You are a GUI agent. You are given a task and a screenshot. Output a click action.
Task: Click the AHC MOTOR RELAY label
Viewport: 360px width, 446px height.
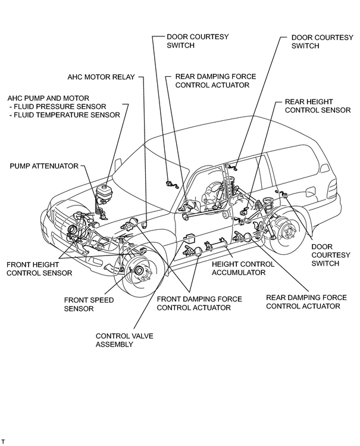[101, 77]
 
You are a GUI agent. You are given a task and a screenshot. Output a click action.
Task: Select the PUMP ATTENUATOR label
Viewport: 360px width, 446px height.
[44, 166]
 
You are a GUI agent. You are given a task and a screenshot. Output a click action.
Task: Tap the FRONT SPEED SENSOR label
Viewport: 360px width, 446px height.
[89, 304]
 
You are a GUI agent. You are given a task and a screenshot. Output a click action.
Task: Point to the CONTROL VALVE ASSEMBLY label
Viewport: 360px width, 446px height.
[124, 340]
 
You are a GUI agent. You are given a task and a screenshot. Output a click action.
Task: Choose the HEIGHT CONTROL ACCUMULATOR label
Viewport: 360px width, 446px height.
[243, 269]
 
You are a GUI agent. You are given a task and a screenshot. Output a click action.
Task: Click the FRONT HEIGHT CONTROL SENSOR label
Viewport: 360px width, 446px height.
[39, 269]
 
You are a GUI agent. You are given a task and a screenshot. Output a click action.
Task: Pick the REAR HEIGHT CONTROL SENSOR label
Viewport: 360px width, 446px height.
[318, 106]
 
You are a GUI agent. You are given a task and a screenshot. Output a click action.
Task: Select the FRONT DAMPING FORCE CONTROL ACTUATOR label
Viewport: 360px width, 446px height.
[199, 304]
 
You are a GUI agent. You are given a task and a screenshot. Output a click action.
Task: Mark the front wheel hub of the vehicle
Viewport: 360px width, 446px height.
[139, 270]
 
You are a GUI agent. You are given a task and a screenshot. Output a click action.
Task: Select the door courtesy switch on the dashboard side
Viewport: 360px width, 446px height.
[171, 185]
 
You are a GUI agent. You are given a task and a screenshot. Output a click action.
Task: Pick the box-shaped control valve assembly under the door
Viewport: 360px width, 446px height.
[189, 238]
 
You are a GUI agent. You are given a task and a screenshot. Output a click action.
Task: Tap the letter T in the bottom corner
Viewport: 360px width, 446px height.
[3, 441]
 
